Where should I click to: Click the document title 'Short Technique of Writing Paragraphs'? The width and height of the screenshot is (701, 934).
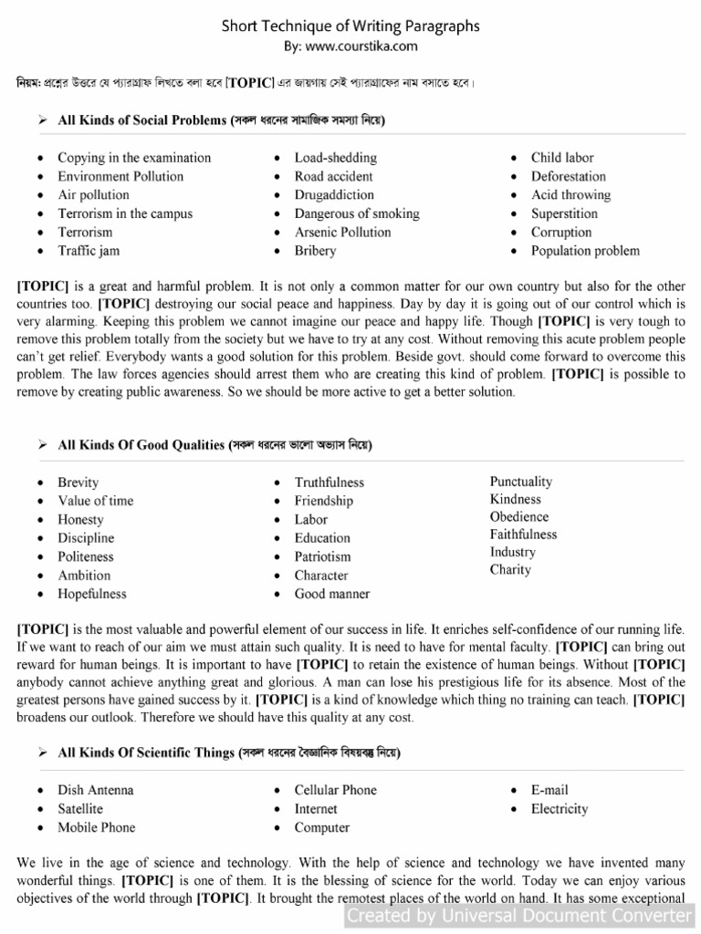tap(350, 26)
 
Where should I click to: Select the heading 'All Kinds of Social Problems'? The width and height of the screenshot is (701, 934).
tap(142, 120)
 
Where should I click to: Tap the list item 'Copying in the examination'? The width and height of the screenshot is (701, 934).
tap(134, 158)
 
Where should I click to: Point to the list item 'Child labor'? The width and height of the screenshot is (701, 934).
tap(562, 158)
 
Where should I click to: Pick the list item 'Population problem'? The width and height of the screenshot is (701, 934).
tap(585, 251)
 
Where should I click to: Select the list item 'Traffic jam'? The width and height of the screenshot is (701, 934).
tap(89, 251)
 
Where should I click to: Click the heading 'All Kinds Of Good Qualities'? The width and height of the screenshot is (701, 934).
tap(141, 445)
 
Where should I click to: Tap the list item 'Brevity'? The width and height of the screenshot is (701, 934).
tap(78, 483)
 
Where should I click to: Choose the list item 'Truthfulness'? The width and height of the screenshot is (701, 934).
tap(329, 483)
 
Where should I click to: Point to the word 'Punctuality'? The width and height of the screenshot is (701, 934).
tap(520, 482)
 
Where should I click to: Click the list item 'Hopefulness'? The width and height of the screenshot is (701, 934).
tap(92, 594)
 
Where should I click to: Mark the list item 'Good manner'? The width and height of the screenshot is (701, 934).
tap(331, 594)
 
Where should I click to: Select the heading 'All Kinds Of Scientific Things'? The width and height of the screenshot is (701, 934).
tap(147, 753)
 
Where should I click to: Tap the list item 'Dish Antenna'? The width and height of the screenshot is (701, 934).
tap(96, 790)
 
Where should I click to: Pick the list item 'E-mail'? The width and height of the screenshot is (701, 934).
tap(549, 790)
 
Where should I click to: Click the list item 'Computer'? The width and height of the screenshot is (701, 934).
tap(321, 827)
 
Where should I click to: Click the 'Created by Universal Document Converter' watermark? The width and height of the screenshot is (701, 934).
tap(520, 915)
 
